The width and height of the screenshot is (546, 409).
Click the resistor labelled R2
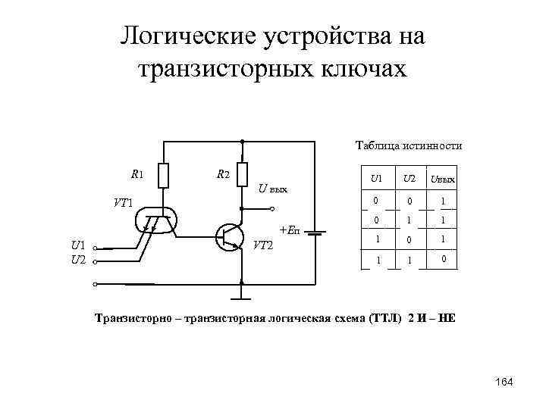(x=242, y=174)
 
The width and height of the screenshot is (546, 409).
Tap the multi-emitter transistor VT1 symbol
(x=156, y=219)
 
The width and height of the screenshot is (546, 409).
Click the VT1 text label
(x=123, y=203)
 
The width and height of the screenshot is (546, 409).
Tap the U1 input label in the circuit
(x=78, y=245)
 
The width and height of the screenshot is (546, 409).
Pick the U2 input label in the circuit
(x=78, y=260)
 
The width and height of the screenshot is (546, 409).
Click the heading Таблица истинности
(x=409, y=145)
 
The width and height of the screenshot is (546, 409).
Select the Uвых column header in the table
(x=442, y=180)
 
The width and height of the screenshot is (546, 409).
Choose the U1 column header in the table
(x=375, y=179)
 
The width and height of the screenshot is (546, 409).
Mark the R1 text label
(x=136, y=174)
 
